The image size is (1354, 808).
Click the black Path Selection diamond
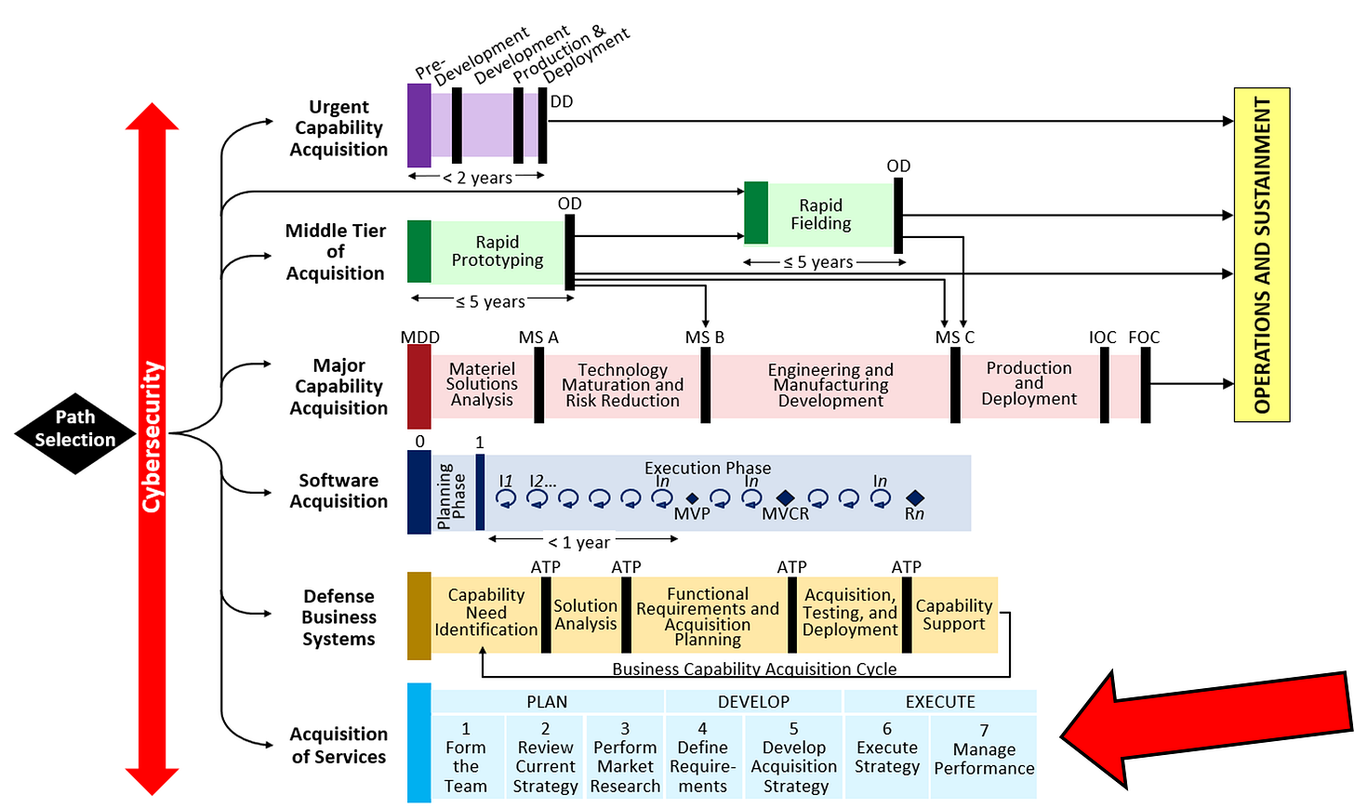[x=75, y=430]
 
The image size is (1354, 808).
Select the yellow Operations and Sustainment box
[x=1261, y=255]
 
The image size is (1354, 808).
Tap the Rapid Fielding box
[x=821, y=215]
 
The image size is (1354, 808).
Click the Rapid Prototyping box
[x=498, y=251]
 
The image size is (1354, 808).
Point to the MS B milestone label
[x=704, y=338]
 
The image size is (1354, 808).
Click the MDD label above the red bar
[x=419, y=338]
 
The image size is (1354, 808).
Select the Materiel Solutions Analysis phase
[x=482, y=384]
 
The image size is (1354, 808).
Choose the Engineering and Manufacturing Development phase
[x=830, y=385]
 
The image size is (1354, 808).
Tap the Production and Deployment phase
[x=1029, y=383]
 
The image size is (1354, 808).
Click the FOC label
[x=1144, y=338]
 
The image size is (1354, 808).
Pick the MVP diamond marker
[x=692, y=499]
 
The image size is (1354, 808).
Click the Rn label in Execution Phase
[x=914, y=514]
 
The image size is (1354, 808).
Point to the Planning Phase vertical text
[x=451, y=496]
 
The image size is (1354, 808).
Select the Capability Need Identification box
[x=485, y=613]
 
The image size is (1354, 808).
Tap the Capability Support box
[x=954, y=615]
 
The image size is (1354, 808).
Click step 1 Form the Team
[x=466, y=757]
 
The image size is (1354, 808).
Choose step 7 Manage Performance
[x=984, y=749]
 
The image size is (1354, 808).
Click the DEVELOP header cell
[x=753, y=702]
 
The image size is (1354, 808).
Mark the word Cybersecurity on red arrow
[x=152, y=437]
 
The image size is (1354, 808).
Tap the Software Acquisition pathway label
[x=338, y=491]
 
